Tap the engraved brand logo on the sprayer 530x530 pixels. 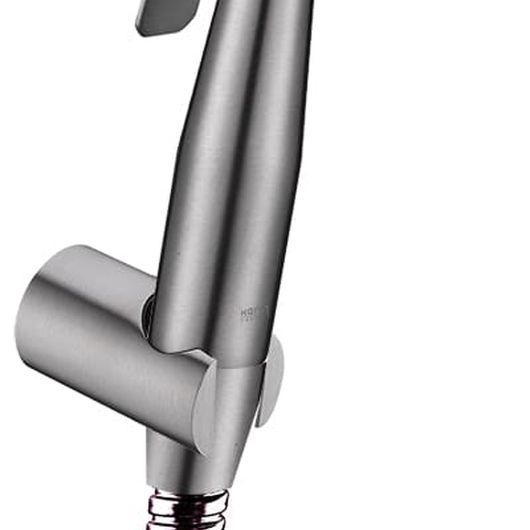[254, 313]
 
